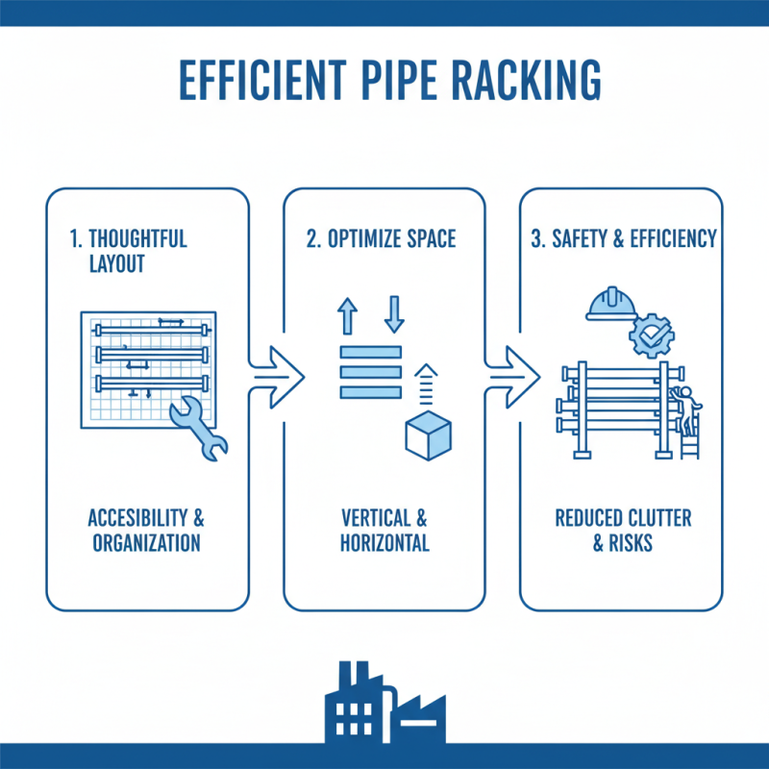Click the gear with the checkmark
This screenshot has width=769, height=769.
tap(651, 336)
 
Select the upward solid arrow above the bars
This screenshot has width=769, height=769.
tap(348, 315)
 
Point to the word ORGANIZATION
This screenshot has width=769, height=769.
tap(146, 543)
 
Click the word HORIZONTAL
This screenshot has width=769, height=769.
tap(384, 543)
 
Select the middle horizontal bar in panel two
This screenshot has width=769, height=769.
tap(370, 371)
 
